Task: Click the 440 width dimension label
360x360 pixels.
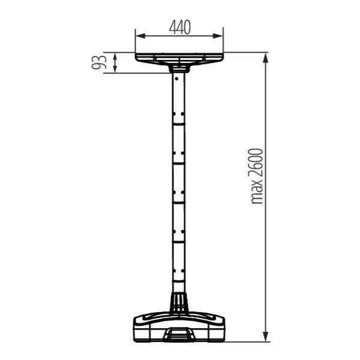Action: point(180,28)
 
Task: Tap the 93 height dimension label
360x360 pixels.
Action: point(99,62)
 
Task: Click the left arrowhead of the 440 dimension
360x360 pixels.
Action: point(140,36)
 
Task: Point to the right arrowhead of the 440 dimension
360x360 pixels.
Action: point(218,36)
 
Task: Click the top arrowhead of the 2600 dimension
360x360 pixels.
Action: point(265,58)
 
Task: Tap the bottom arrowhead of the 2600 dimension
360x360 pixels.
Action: point(265,337)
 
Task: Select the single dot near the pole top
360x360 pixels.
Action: point(176,79)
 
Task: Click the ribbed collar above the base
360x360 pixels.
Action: point(178,302)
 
